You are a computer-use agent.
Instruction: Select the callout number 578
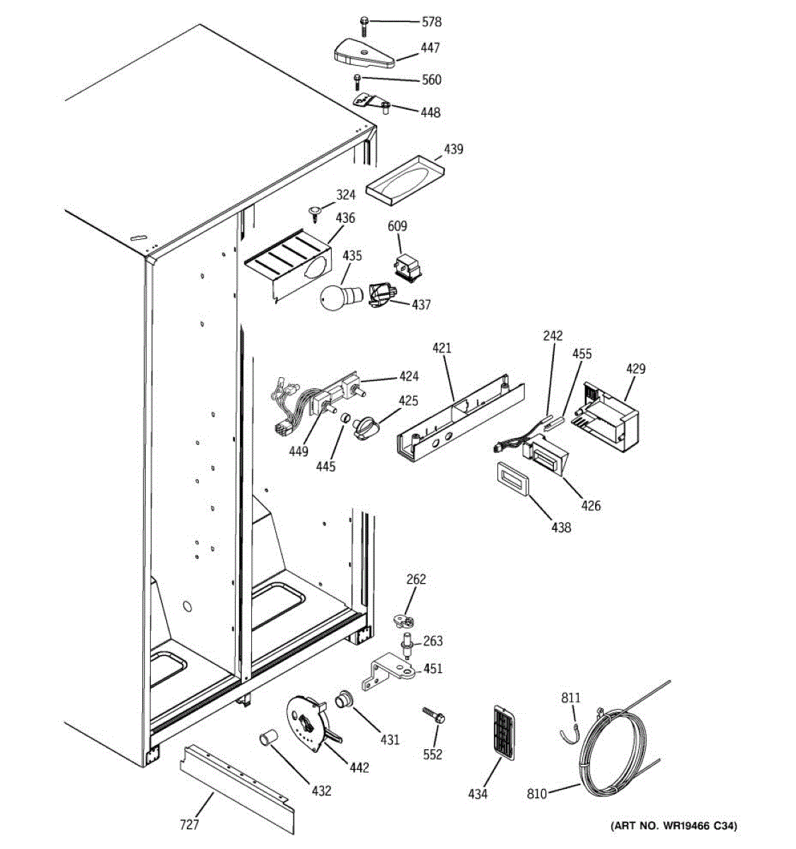click(x=431, y=22)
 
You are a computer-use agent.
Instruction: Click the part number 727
click(x=189, y=824)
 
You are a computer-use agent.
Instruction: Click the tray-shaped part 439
click(x=405, y=181)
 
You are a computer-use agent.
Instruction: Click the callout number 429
click(x=635, y=369)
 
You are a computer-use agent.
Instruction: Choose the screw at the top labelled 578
click(x=364, y=25)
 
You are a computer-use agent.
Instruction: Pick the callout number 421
click(x=442, y=348)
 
